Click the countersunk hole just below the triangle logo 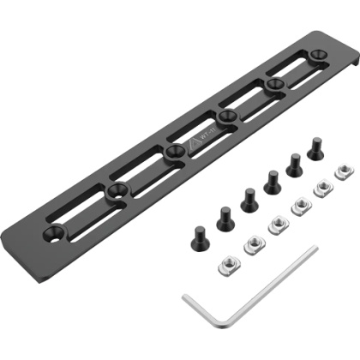pyautogui.click(x=173, y=151)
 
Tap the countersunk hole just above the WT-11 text pyautogui.click(x=226, y=114)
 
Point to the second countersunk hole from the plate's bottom pyautogui.click(x=114, y=190)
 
